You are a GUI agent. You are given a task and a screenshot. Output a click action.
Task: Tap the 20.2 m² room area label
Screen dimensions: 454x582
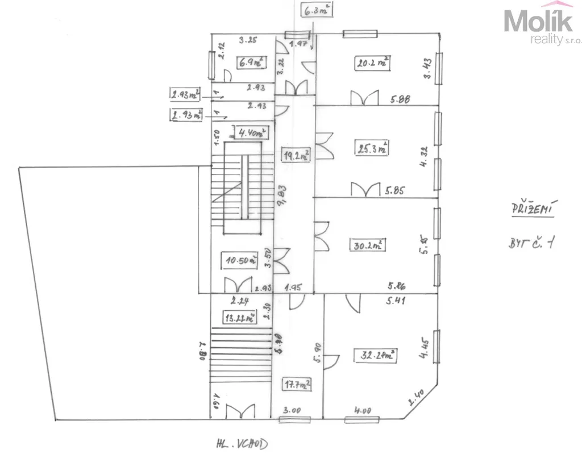tap(372, 63)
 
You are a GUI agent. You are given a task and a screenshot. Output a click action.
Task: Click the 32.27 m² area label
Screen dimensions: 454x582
tap(377, 356)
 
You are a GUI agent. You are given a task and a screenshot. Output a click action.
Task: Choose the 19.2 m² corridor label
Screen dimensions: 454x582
tap(296, 155)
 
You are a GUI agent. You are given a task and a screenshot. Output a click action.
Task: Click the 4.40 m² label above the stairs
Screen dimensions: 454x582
tap(250, 134)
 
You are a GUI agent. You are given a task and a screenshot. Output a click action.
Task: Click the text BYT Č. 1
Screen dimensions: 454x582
tap(531, 244)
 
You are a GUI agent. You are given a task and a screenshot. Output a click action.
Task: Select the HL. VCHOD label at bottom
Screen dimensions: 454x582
tap(242, 442)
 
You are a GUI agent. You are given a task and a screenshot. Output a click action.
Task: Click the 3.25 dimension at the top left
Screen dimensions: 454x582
tap(248, 40)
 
